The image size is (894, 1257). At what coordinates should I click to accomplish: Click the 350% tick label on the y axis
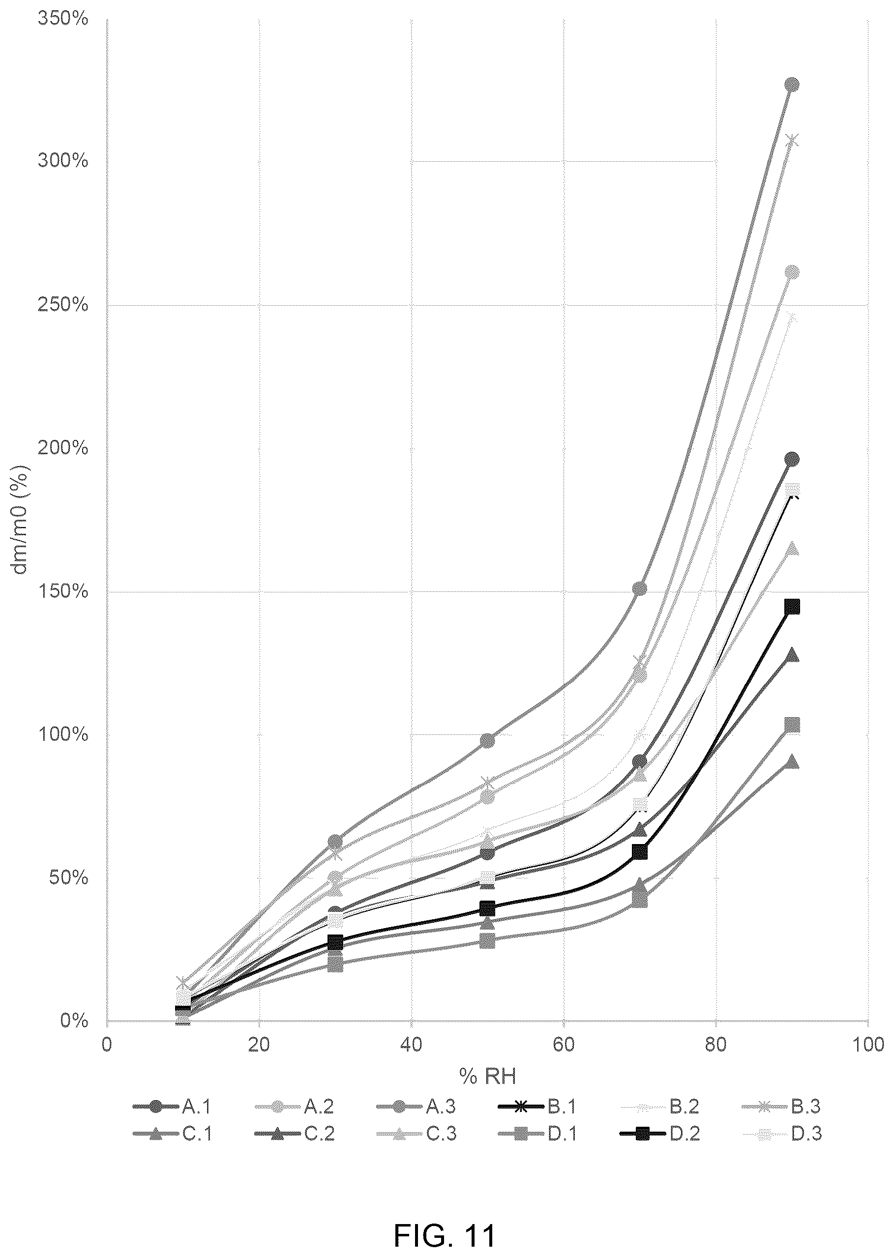(x=63, y=19)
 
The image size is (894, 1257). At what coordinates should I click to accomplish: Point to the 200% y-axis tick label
(x=63, y=448)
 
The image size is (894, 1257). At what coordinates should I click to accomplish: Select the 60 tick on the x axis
(x=563, y=1045)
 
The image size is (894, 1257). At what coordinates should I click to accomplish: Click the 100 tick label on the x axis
(x=867, y=1045)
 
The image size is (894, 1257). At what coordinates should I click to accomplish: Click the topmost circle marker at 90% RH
(x=792, y=84)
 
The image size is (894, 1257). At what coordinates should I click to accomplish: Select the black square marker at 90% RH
(x=792, y=607)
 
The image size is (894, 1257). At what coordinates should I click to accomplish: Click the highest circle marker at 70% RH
(x=640, y=588)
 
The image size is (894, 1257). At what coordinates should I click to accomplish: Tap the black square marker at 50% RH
(x=487, y=907)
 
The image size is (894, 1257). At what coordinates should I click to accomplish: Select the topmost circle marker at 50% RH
(x=487, y=741)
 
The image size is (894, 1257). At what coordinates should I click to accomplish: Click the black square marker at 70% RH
(x=640, y=852)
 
